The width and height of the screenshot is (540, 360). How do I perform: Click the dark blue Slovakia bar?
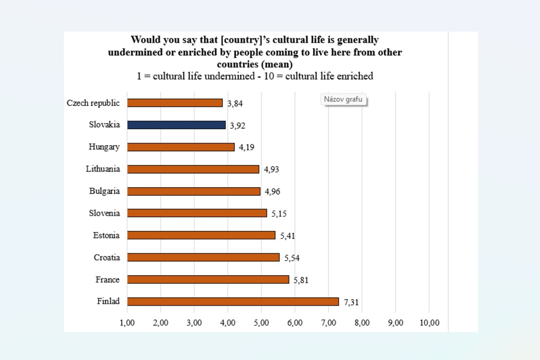[176, 125]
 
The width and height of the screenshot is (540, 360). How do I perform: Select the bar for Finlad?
[233, 301]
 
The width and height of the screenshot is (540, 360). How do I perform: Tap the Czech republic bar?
[175, 103]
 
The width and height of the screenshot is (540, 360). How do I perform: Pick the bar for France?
[208, 279]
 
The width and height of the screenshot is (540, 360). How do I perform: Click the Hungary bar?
[180, 147]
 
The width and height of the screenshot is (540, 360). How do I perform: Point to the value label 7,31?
[351, 302]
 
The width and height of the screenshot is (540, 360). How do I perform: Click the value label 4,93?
[271, 170]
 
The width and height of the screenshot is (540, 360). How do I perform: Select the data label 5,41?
[288, 236]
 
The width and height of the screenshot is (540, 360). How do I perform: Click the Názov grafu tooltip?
[343, 99]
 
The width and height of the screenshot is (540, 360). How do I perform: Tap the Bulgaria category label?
[104, 191]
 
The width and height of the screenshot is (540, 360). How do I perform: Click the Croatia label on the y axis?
[107, 257]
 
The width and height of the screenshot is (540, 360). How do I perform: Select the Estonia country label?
[106, 235]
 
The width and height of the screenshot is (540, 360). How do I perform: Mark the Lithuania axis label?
[103, 169]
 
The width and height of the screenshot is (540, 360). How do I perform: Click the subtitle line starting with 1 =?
[255, 76]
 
